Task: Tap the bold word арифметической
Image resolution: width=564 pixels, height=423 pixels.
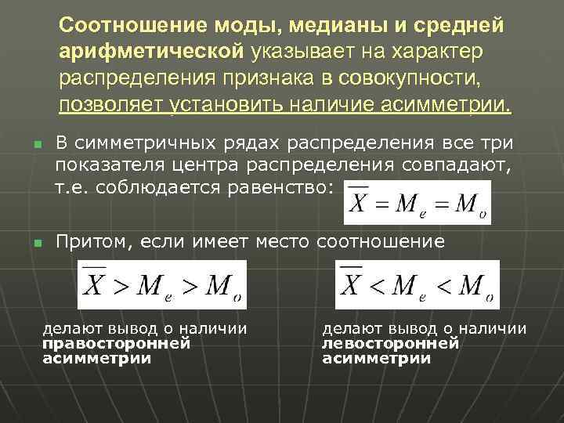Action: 153,51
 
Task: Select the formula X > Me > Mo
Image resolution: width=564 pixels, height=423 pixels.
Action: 161,285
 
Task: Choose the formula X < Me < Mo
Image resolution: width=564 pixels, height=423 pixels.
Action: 417,285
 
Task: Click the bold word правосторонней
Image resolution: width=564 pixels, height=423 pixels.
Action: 116,343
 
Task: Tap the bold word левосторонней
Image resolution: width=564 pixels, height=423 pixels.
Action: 390,343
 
